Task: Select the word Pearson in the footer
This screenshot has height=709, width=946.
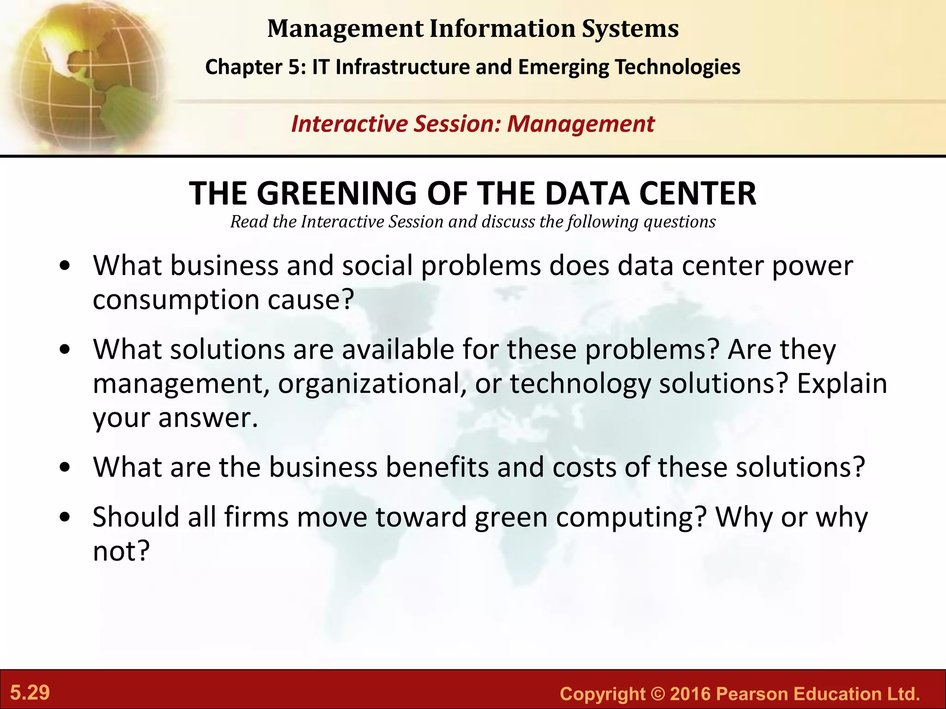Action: click(x=752, y=694)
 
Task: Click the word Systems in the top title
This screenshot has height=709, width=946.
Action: click(x=630, y=29)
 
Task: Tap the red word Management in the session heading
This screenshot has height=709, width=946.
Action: click(x=581, y=124)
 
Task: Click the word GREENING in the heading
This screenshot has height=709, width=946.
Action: click(x=337, y=193)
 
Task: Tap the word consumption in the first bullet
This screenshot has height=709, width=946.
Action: click(x=176, y=300)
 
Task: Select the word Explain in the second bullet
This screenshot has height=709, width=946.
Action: click(x=842, y=384)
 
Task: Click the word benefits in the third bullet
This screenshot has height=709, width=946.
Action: click(x=437, y=467)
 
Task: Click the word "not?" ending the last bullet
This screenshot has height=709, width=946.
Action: click(x=121, y=551)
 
